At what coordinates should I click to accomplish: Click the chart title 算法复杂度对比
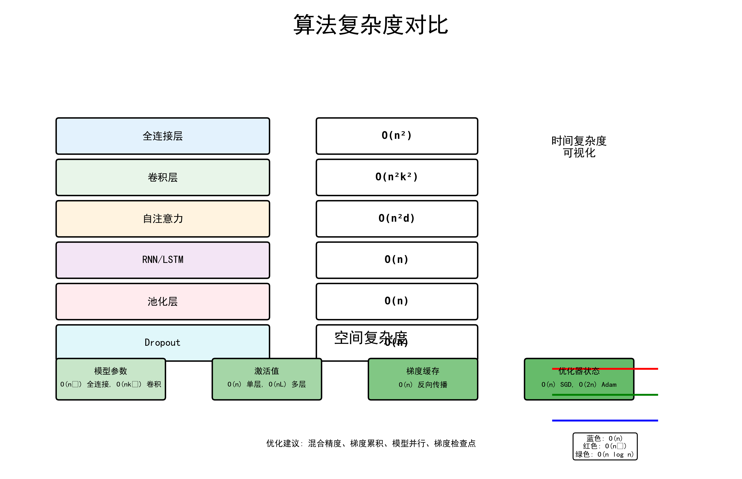[370, 25]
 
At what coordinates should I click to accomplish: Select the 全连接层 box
[163, 136]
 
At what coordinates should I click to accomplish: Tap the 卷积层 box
[163, 177]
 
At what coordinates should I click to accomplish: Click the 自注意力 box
[163, 219]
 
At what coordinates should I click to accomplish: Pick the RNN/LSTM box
[163, 260]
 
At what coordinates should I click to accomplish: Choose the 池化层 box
[163, 301]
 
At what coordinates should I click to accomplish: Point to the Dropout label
[163, 342]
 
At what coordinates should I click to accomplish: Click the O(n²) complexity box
[397, 136]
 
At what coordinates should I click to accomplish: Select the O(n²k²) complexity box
[397, 177]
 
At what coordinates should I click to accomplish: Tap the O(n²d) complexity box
[397, 219]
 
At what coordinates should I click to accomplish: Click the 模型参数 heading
[111, 371]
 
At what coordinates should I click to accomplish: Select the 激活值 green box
[267, 379]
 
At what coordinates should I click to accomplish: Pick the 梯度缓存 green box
[423, 379]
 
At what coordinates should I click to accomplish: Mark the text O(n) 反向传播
[423, 385]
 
